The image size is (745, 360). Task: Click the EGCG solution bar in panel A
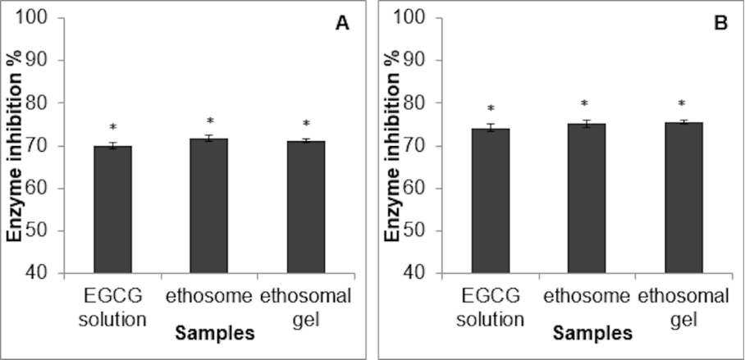coord(112,209)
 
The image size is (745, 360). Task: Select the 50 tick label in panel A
coord(51,230)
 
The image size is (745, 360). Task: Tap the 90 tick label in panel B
coord(428,61)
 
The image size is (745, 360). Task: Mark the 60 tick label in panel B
coord(428,188)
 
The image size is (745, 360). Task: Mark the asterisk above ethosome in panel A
coord(210,122)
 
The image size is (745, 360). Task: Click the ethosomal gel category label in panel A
coord(306,304)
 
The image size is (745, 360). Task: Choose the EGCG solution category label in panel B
coord(490,304)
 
